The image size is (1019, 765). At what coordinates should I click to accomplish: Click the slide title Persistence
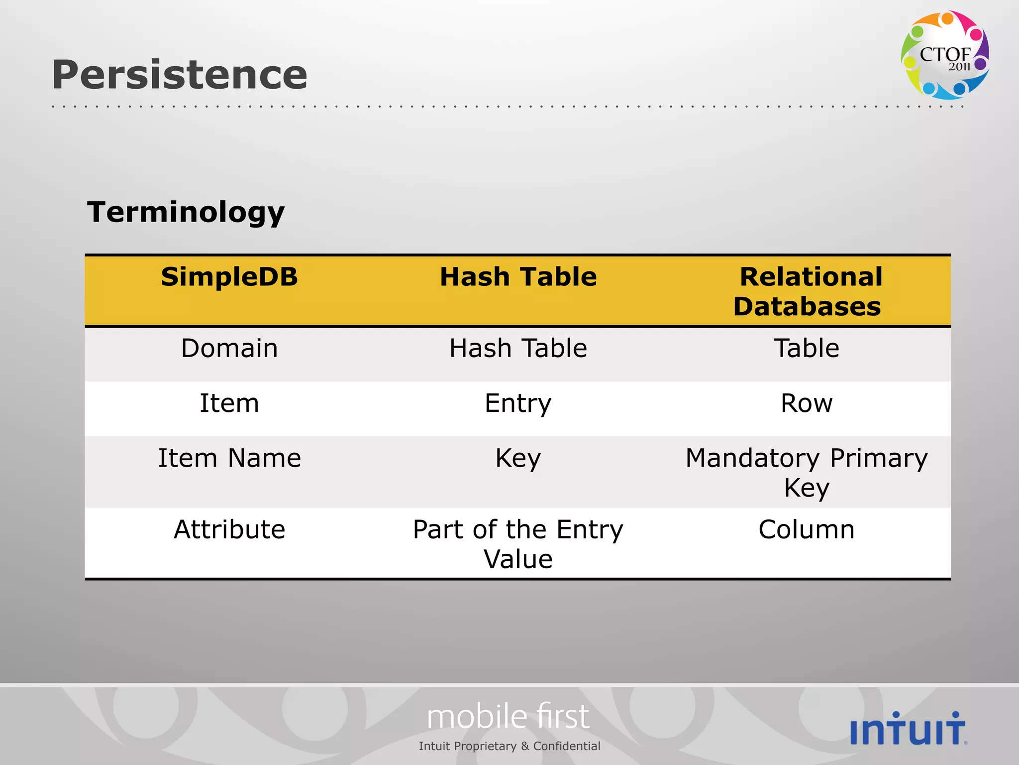click(180, 75)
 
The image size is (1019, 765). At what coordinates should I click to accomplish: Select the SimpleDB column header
click(229, 277)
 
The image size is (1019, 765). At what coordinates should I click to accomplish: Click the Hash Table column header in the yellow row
click(518, 277)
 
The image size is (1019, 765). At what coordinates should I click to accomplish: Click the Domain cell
click(229, 348)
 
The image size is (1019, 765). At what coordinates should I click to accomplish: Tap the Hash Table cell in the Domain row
click(518, 348)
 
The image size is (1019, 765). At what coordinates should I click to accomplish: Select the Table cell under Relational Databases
click(807, 348)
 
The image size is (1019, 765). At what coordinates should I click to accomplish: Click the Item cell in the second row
click(229, 403)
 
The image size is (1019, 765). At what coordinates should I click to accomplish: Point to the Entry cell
click(518, 403)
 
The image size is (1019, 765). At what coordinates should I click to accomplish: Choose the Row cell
click(807, 403)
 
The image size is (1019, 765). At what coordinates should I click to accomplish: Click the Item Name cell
click(229, 458)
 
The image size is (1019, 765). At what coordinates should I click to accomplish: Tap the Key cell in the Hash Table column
click(518, 458)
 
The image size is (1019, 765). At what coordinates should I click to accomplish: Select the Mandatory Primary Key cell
click(807, 472)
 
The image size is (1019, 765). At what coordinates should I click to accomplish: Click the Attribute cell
click(229, 529)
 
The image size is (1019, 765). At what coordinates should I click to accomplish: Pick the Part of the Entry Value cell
click(518, 544)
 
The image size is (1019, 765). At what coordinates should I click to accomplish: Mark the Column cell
click(807, 529)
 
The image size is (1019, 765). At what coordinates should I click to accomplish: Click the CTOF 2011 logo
click(944, 55)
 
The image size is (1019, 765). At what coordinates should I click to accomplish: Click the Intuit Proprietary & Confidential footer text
click(509, 746)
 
